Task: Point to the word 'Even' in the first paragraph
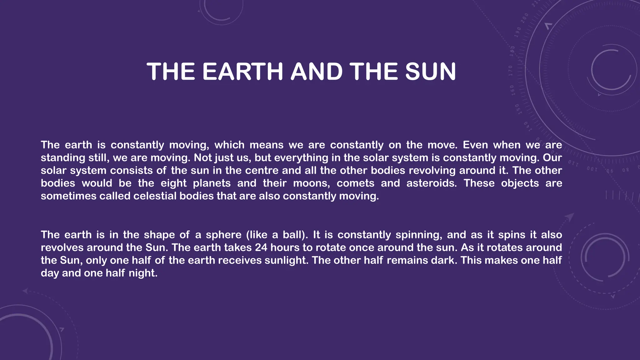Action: point(475,145)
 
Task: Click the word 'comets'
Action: point(355,183)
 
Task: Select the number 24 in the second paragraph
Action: point(261,248)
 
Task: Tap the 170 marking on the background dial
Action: point(510,71)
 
